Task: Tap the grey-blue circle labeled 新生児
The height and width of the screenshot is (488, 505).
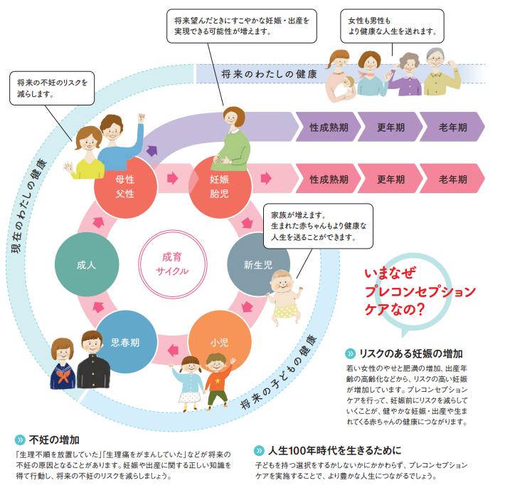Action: click(x=257, y=265)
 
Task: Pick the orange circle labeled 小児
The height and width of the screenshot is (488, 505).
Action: click(x=220, y=342)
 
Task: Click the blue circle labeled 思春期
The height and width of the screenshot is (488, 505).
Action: click(x=125, y=342)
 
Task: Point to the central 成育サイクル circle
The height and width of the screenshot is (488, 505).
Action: click(x=171, y=264)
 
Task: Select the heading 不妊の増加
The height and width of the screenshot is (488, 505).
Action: click(x=54, y=439)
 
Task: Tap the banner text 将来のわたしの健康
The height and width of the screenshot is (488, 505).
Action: click(x=269, y=74)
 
